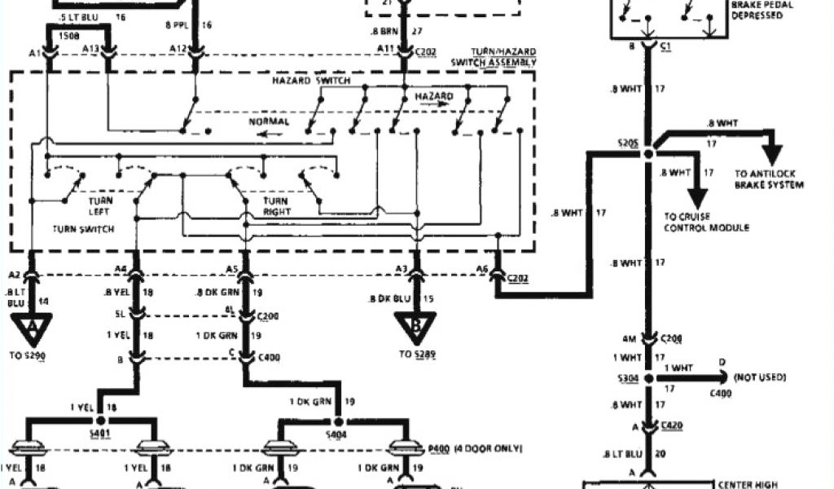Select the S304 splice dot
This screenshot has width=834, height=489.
[x=649, y=378]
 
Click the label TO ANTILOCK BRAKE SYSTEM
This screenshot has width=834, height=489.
[x=769, y=179]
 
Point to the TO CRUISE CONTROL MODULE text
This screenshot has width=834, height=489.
[x=706, y=222]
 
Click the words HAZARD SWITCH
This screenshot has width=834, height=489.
[x=311, y=81]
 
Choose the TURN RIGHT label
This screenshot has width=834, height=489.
[x=278, y=205]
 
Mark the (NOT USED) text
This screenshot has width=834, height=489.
[x=759, y=378]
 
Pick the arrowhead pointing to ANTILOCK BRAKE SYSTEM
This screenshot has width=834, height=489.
[x=770, y=155]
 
